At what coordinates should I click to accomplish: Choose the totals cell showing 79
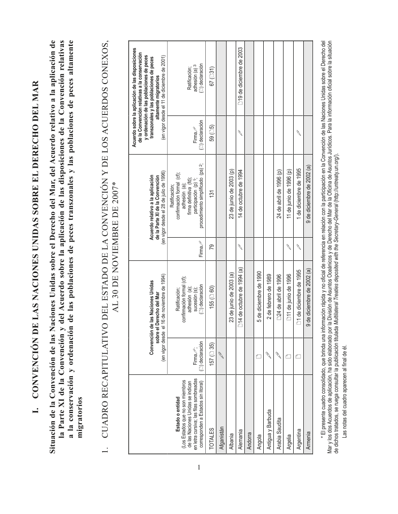pos(210,244)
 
